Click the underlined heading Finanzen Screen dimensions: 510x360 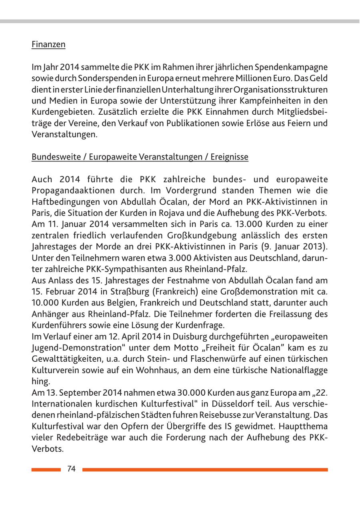[x=48, y=44]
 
